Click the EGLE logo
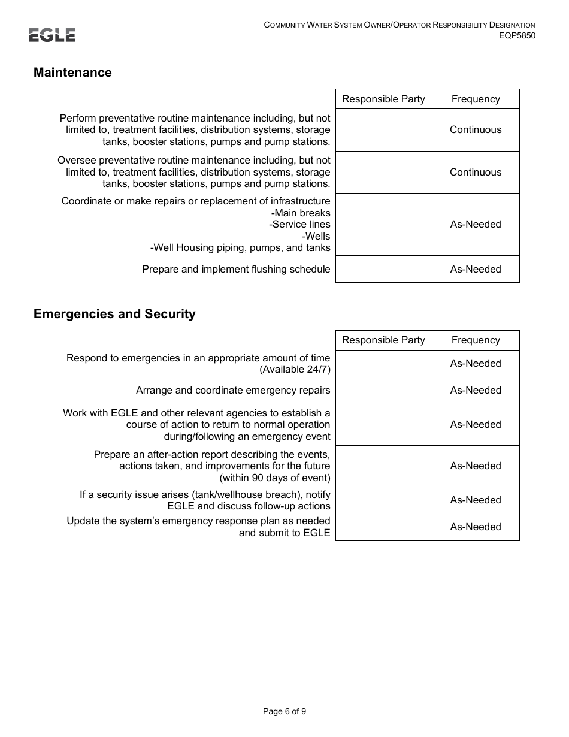(x=52, y=35)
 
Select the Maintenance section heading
(x=72, y=73)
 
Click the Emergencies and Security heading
(x=114, y=314)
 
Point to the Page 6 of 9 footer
(x=284, y=712)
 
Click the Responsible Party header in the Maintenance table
(x=383, y=99)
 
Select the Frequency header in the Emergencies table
(x=476, y=340)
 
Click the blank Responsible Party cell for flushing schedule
(x=383, y=269)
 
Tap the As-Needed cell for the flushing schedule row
(x=476, y=269)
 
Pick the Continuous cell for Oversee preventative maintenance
(x=476, y=172)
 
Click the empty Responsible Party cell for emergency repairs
(x=383, y=391)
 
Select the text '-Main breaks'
(x=301, y=213)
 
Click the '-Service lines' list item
(x=299, y=224)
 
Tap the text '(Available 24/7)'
(x=295, y=370)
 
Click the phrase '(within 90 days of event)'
(x=275, y=478)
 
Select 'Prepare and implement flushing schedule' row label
(x=236, y=269)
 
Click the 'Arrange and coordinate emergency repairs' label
(x=233, y=391)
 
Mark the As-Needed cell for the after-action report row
(x=476, y=466)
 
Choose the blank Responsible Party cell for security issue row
(x=383, y=500)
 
